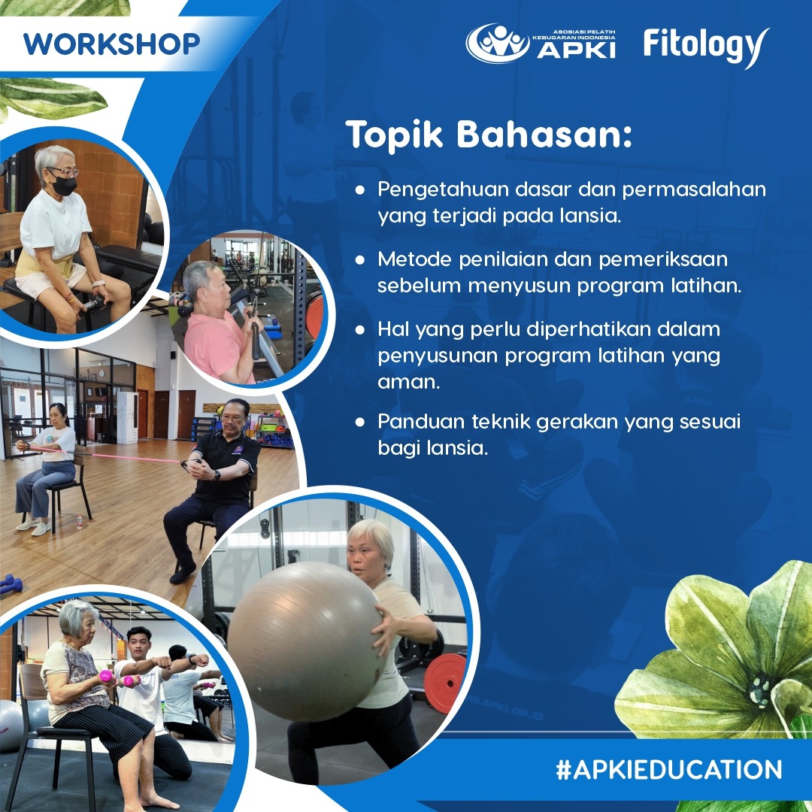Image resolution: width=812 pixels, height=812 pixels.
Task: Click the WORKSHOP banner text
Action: click(x=111, y=44)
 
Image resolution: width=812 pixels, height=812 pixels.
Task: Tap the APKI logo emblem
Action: click(x=498, y=43)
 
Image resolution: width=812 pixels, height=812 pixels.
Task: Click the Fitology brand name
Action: click(x=706, y=47)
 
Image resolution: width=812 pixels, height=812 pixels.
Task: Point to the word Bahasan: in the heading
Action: click(x=544, y=135)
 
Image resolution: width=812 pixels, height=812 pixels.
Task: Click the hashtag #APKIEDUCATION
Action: click(x=668, y=770)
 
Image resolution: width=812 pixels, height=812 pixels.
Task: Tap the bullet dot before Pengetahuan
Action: click(x=360, y=189)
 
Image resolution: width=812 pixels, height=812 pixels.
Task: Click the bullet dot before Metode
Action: click(x=360, y=259)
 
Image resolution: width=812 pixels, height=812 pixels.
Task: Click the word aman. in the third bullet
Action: click(x=408, y=382)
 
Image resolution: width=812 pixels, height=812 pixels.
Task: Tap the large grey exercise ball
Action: click(x=305, y=641)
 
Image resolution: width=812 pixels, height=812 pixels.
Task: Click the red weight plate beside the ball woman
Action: click(x=445, y=683)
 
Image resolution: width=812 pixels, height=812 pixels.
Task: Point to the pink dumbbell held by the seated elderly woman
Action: click(x=106, y=676)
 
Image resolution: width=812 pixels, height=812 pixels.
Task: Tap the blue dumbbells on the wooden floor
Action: click(x=11, y=583)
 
